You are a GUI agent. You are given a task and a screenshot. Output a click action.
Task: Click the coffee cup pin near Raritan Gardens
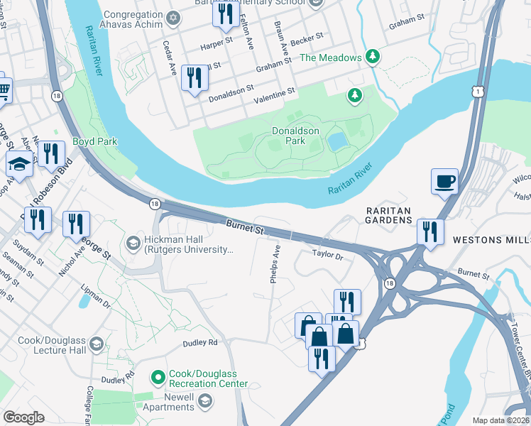[x=444, y=182]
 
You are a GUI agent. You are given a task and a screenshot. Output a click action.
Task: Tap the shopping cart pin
[x=4, y=89]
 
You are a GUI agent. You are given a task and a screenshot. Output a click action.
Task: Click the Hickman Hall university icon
[x=133, y=244]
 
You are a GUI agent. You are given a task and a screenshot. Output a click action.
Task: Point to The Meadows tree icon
[x=371, y=57]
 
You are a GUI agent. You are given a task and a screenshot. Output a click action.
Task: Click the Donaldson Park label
[x=296, y=136]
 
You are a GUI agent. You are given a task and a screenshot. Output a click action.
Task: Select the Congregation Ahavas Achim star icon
[x=173, y=16]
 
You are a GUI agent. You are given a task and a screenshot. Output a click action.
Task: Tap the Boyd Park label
[x=94, y=141]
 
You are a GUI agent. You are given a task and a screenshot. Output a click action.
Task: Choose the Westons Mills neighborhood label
[x=491, y=241]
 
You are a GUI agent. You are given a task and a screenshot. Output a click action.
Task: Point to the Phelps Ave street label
[x=275, y=264]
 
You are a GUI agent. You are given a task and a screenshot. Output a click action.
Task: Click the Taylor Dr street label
[x=327, y=253]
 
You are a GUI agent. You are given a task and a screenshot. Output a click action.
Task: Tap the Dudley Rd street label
[x=199, y=342]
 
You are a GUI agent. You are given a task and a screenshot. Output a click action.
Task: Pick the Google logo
[x=24, y=417]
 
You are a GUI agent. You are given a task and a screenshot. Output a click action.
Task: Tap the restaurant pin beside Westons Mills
[x=430, y=231]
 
